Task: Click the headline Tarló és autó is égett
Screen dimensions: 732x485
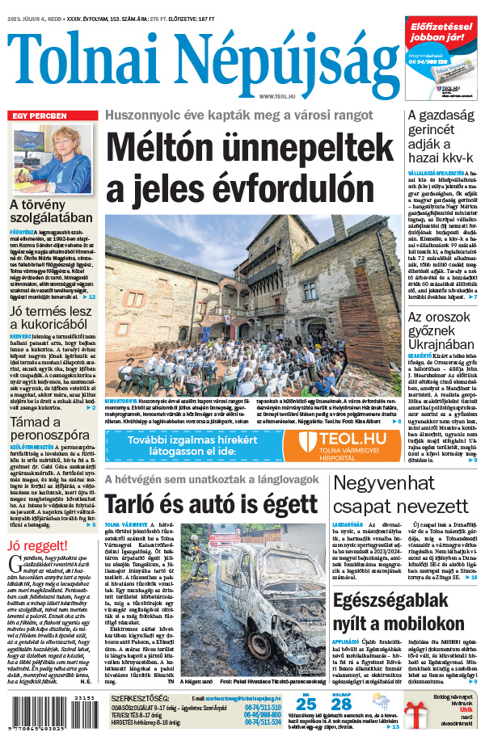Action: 210,504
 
